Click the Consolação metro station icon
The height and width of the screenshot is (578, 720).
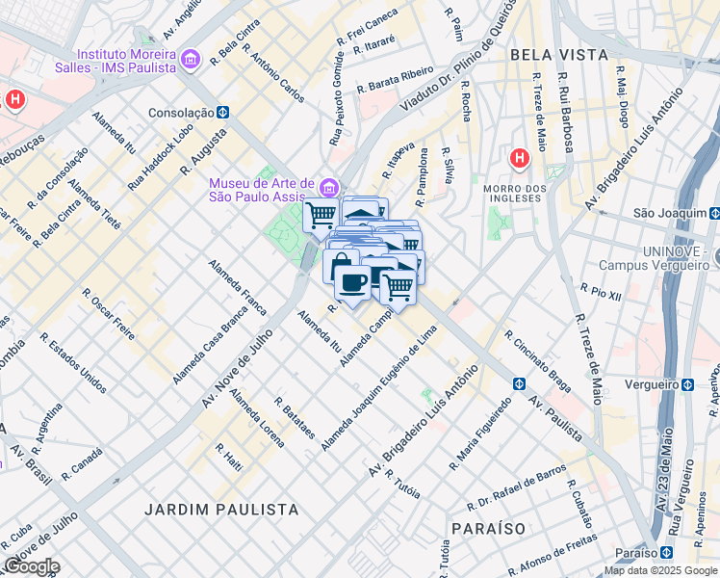pos(222,112)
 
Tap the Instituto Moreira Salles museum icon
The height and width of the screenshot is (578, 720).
pos(190,61)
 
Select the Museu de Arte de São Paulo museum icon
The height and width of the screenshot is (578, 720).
pos(330,185)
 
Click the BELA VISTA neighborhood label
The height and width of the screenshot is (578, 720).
pos(559,55)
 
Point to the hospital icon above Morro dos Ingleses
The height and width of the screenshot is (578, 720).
pos(520,157)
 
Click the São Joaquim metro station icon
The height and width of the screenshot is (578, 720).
pos(714,212)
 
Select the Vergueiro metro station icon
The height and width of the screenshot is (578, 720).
pos(687,384)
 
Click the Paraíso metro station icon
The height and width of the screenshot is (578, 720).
pos(666,553)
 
